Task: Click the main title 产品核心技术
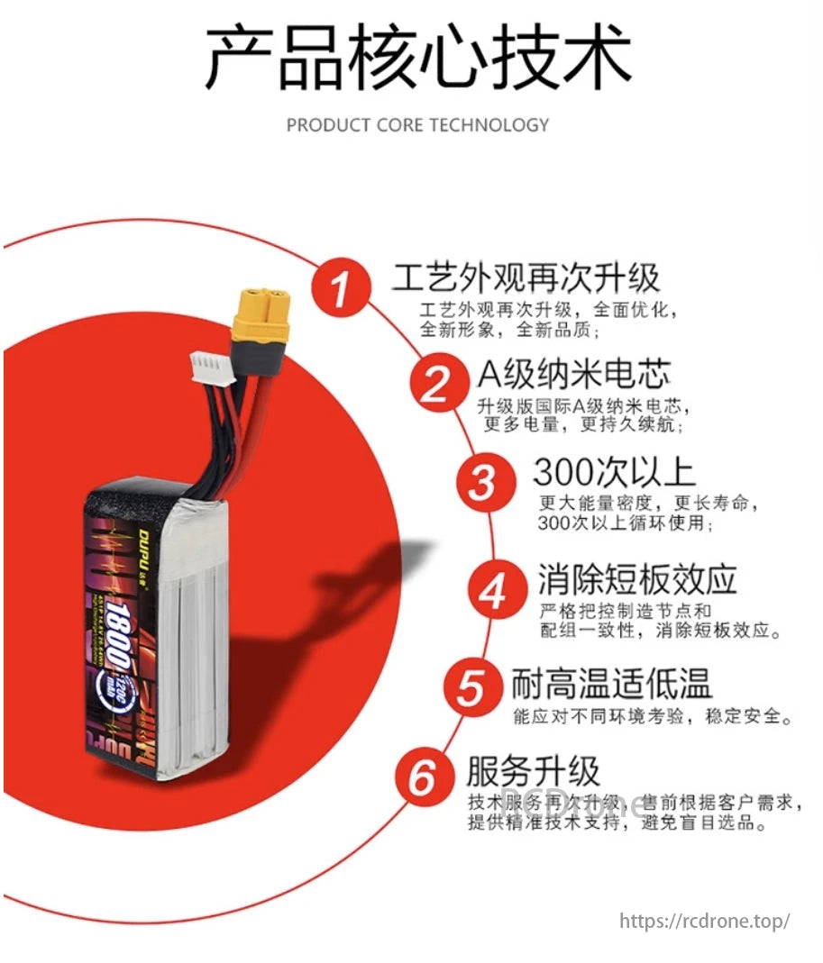(417, 59)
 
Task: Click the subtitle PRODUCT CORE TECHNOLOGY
(417, 125)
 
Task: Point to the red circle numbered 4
(492, 592)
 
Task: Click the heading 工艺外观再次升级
(526, 277)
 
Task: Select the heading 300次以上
(614, 472)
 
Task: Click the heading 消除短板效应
(637, 577)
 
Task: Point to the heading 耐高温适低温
(612, 684)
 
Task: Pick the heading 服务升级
(533, 772)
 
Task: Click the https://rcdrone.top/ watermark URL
(705, 921)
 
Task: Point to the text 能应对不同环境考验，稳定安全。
(654, 718)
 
